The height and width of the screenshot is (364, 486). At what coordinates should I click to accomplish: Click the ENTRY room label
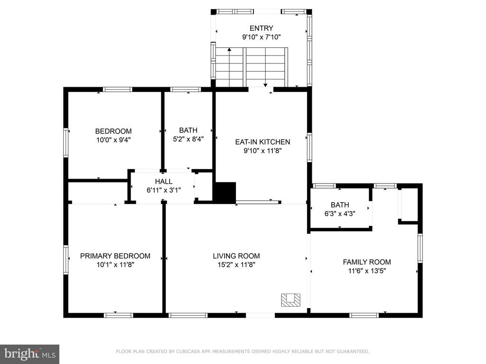coord(262,28)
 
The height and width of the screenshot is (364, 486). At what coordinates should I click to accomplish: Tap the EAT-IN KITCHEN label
coord(262,142)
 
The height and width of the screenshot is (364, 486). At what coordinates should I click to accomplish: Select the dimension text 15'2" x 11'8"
coord(236,264)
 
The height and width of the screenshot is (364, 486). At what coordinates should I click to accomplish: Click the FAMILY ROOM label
coord(367,262)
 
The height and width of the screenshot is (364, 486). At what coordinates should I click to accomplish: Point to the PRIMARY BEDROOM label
coord(115,256)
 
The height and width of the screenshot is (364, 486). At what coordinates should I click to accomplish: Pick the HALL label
coord(164,182)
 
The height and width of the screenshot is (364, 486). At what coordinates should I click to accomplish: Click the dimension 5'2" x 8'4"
coord(188,139)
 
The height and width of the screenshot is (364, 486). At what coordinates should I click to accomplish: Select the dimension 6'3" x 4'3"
coord(340,214)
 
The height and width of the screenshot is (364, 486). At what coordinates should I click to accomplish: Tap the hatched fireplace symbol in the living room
coord(291,300)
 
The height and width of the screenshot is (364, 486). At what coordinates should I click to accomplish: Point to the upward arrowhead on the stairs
coord(229,49)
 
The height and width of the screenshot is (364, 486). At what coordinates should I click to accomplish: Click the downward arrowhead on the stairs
coord(266,85)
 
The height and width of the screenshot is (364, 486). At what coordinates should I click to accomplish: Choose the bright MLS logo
coord(29,354)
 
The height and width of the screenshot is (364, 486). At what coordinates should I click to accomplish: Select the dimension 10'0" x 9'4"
coord(113,140)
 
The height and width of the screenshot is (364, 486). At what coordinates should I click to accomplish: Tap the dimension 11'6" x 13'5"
coord(367,271)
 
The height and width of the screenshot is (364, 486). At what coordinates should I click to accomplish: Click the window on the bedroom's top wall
coord(118,90)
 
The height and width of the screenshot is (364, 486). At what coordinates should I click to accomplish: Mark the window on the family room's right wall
coord(420,248)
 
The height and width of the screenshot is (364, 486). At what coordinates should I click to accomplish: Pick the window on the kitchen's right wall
coord(309,147)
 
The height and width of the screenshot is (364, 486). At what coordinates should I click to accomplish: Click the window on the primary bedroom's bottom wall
coord(118,315)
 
